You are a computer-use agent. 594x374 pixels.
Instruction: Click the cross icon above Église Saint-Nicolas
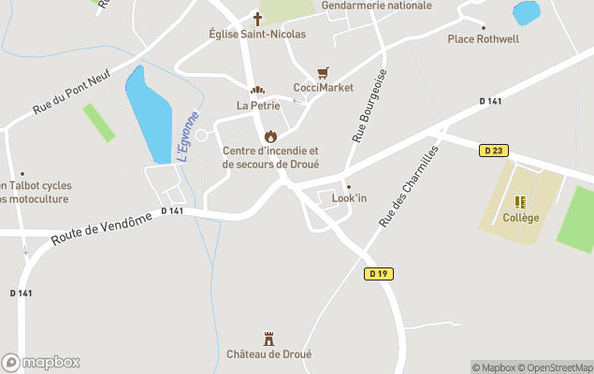(x=257, y=18)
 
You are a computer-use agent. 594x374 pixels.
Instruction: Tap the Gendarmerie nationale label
(x=377, y=6)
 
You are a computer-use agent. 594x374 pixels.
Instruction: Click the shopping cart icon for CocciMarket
(x=323, y=72)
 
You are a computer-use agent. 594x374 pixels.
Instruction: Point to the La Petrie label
(x=258, y=106)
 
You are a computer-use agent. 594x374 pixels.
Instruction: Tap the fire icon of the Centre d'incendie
(x=271, y=136)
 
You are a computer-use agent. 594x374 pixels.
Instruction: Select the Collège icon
(x=520, y=201)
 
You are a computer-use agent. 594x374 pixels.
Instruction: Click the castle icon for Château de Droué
(x=269, y=338)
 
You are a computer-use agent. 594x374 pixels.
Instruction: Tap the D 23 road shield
(x=495, y=151)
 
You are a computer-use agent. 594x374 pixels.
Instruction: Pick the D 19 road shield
(x=378, y=274)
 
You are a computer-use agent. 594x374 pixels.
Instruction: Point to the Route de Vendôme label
(x=101, y=229)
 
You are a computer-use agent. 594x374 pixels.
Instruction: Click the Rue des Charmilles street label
(x=409, y=186)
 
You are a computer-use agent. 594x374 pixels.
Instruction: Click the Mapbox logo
(x=41, y=362)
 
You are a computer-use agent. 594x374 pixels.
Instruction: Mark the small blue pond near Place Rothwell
(x=527, y=13)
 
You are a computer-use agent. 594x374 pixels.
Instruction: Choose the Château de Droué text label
(x=268, y=354)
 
